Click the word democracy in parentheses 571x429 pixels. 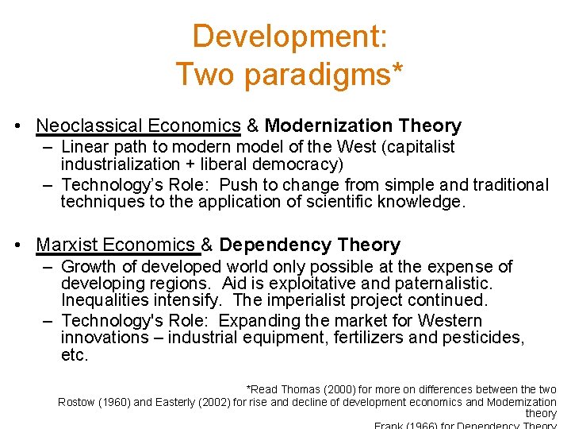(x=300, y=164)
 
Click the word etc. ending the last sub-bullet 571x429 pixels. (x=74, y=355)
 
